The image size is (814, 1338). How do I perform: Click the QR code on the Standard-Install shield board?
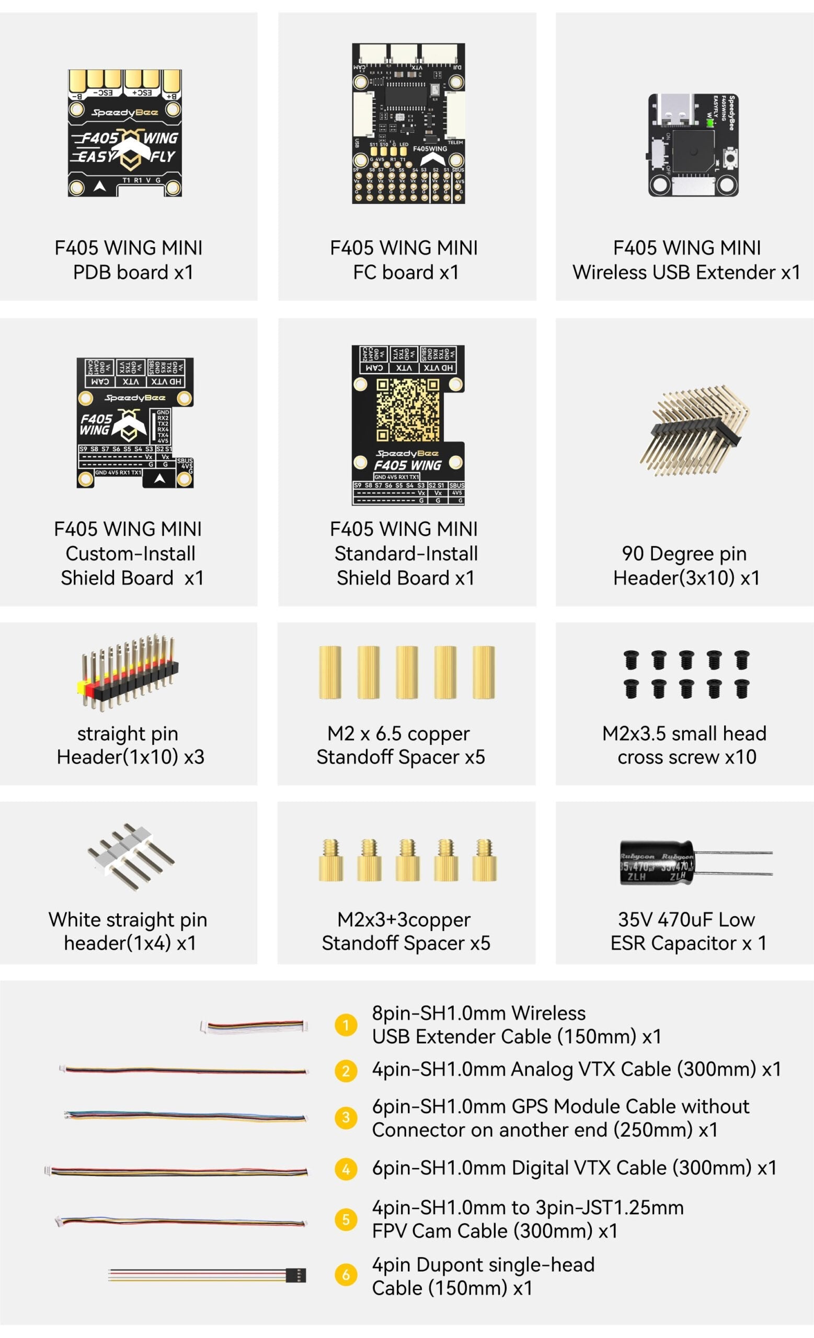coord(407,410)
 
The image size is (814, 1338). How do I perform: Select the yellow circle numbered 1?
coord(346,1025)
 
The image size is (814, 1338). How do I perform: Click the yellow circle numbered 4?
coord(346,1169)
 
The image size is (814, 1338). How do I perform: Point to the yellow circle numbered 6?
coord(346,1274)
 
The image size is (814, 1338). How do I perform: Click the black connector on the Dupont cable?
coord(296,1274)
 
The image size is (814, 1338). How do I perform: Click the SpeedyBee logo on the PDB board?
coord(125,112)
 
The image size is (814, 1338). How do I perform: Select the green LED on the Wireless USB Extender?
coord(709,123)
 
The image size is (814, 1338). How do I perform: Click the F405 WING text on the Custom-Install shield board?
coord(96,424)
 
